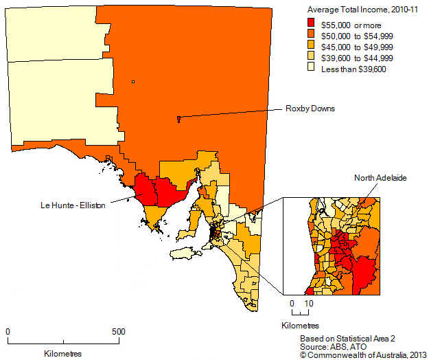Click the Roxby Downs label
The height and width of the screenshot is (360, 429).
coord(310,108)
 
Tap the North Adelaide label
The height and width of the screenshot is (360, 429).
coord(380,177)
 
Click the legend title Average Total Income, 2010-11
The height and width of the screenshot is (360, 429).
coord(356,10)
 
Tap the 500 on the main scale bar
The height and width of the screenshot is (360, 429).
coord(119,331)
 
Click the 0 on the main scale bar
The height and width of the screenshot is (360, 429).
coord(8,331)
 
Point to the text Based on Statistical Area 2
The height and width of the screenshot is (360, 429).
coord(348,339)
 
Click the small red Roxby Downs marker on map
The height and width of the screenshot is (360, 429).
coord(178,119)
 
